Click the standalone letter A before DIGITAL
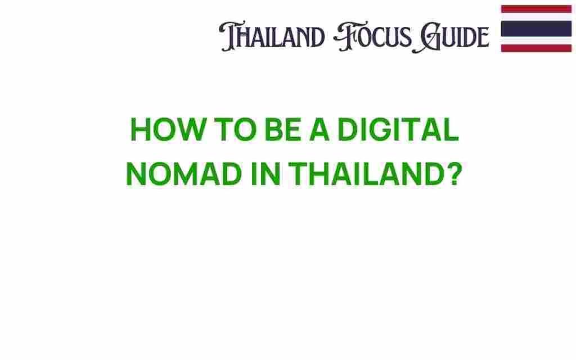pyautogui.click(x=319, y=129)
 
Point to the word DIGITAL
pyautogui.click(x=398, y=129)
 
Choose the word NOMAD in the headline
pyautogui.click(x=184, y=174)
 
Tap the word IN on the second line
pyautogui.click(x=265, y=174)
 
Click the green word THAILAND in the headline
pyautogui.click(x=367, y=174)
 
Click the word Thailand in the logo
pyautogui.click(x=272, y=36)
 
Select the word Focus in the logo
pyautogui.click(x=372, y=36)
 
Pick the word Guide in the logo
pyautogui.click(x=451, y=37)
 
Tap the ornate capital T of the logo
pyautogui.click(x=229, y=36)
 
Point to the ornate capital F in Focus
pyautogui.click(x=345, y=36)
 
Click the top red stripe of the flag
pyautogui.click(x=536, y=9)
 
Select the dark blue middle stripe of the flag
pyautogui.click(x=536, y=29)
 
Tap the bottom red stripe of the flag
pyautogui.click(x=536, y=48)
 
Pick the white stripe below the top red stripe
pyautogui.click(x=536, y=17)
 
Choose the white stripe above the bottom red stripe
pyautogui.click(x=536, y=40)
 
